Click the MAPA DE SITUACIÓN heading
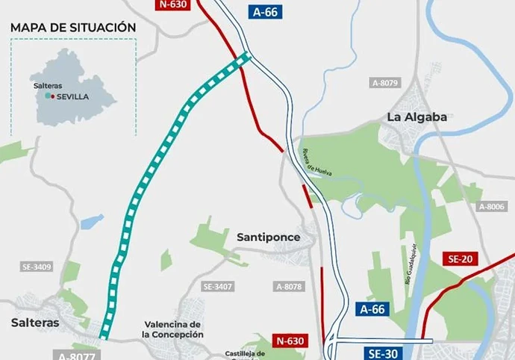click(x=73, y=28)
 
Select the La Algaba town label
click(x=416, y=117)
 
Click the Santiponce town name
click(x=268, y=237)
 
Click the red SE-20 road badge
click(x=460, y=259)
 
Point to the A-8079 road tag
click(x=385, y=83)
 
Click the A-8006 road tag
click(x=492, y=206)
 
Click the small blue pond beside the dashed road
click(x=92, y=222)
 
